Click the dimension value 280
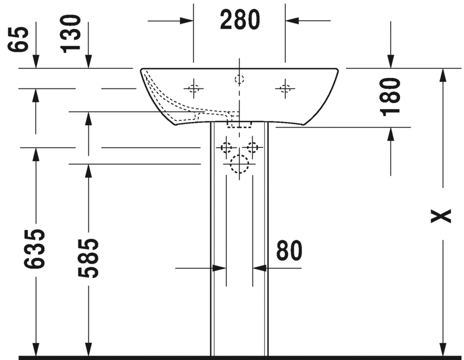[x=240, y=21]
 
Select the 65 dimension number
[x=21, y=40]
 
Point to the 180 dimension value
[x=392, y=96]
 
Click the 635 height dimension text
[x=35, y=248]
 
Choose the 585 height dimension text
[x=88, y=258]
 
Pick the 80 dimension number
[x=289, y=251]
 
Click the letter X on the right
[x=442, y=216]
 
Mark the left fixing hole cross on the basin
[x=193, y=88]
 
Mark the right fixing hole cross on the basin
[x=285, y=88]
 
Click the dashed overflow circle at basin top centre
[x=239, y=79]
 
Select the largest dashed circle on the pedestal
[x=239, y=164]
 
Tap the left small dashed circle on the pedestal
[x=226, y=147]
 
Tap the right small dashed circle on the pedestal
[x=253, y=147]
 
